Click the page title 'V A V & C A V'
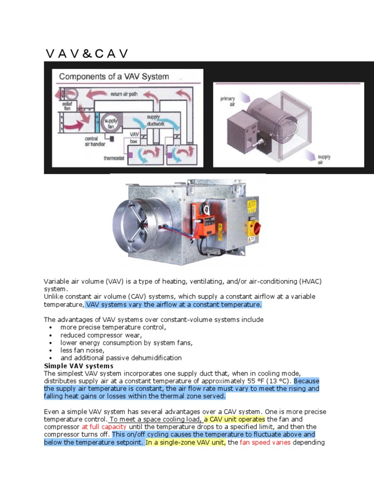[x=87, y=53]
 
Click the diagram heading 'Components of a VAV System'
[x=114, y=76]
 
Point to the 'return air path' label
[x=124, y=93]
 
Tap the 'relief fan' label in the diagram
[x=67, y=107]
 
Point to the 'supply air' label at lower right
[x=324, y=160]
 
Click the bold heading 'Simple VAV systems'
[x=78, y=366]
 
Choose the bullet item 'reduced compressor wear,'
[x=101, y=335]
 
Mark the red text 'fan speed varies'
[x=265, y=443]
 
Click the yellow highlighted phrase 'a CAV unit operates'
[x=234, y=419]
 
